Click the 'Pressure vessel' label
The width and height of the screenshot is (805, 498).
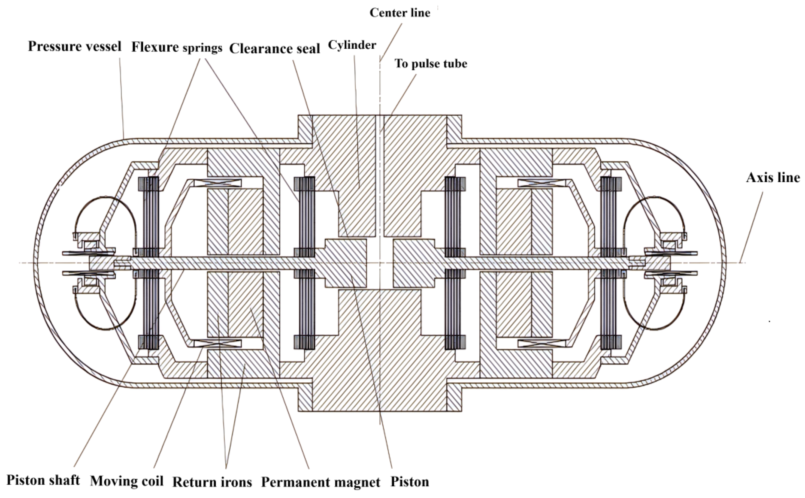pos(75,46)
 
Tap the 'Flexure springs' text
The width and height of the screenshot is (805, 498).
pos(177,47)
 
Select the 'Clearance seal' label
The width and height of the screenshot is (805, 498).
pos(275,49)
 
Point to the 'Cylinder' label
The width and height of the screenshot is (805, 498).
pos(352,45)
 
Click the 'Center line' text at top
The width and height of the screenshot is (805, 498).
pos(400,13)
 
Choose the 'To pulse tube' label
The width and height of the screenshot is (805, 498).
pos(431,64)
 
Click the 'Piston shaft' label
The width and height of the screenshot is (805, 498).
pos(43,480)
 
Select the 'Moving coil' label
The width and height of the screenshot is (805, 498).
pos(127,481)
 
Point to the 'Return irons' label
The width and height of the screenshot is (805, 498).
pos(212,482)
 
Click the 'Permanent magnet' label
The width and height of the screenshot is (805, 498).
pos(321,482)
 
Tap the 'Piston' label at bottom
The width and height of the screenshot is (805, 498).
pos(410,482)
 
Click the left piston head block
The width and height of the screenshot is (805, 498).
pos(346,263)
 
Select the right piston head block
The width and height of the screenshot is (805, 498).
pos(413,263)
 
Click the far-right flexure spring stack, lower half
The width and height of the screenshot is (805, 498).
pos(610,310)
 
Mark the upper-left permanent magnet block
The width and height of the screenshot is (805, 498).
pos(245,221)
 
